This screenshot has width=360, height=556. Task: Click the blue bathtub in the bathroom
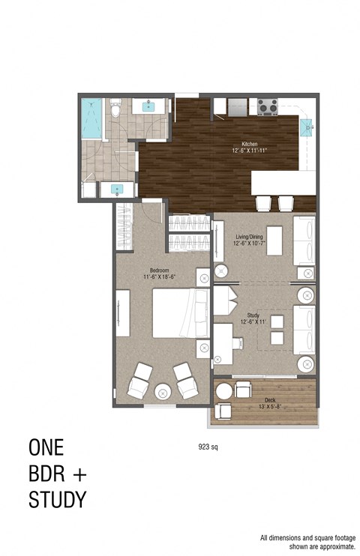(91, 118)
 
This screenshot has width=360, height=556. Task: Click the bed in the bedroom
(181, 313)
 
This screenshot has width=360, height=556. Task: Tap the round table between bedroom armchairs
(163, 392)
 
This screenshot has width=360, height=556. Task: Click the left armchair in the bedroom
(139, 381)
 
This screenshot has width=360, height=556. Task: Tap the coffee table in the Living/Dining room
(274, 241)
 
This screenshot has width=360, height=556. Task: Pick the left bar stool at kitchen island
(264, 202)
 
